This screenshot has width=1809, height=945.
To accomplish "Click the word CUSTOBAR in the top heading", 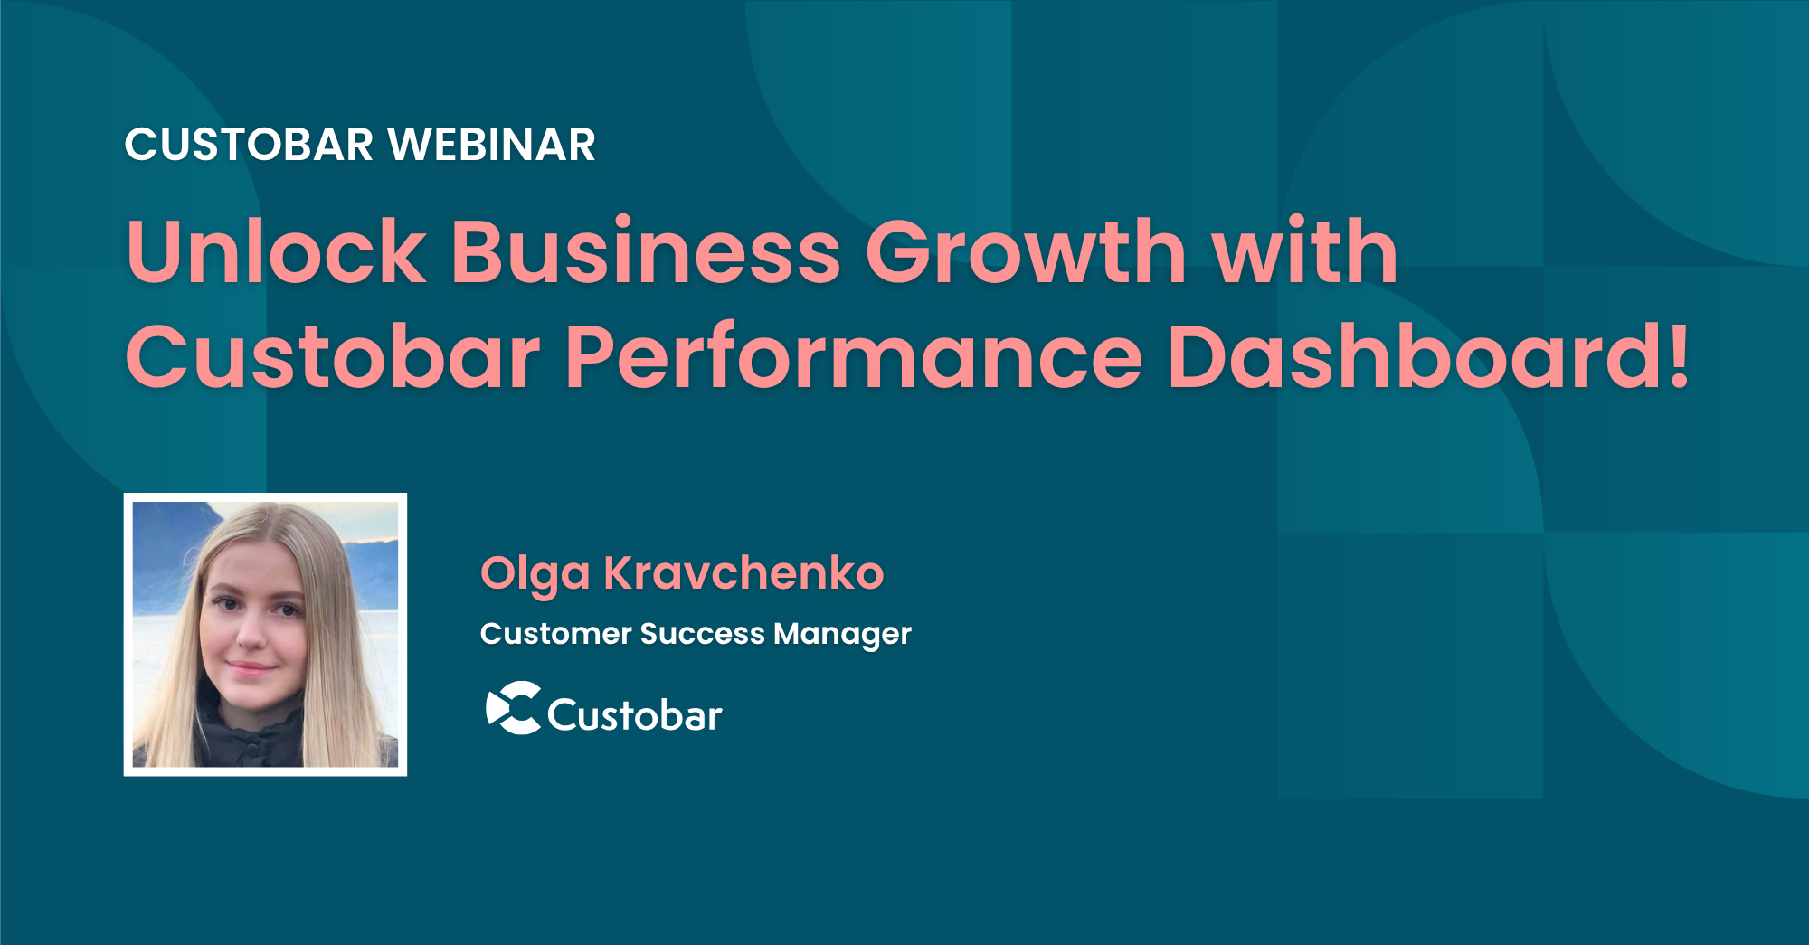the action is pos(249,145).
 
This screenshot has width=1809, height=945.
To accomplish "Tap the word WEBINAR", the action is pos(492,145).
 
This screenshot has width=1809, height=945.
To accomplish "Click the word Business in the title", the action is pos(646,250).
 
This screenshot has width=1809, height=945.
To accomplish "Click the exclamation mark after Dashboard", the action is pos(1679,355).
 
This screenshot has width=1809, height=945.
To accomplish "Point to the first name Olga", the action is pos(535,575).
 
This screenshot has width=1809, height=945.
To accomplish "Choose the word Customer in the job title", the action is pos(555,633).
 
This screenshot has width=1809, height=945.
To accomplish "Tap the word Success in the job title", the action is pos(702,633).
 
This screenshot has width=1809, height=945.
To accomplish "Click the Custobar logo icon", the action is pos(514,707).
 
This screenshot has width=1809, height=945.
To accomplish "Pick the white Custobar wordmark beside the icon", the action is pos(634,714).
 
